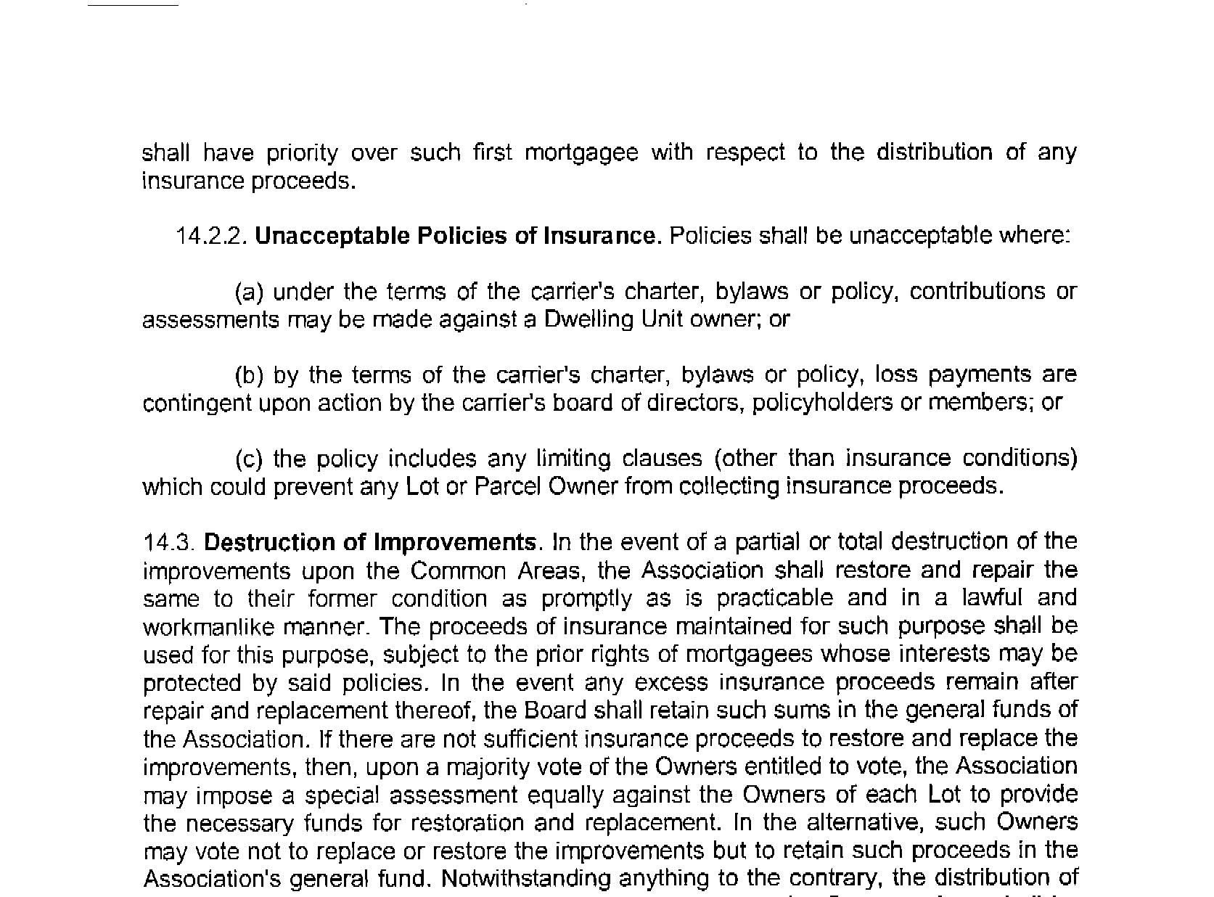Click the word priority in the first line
[x=302, y=153]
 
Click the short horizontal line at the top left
[x=133, y=5]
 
